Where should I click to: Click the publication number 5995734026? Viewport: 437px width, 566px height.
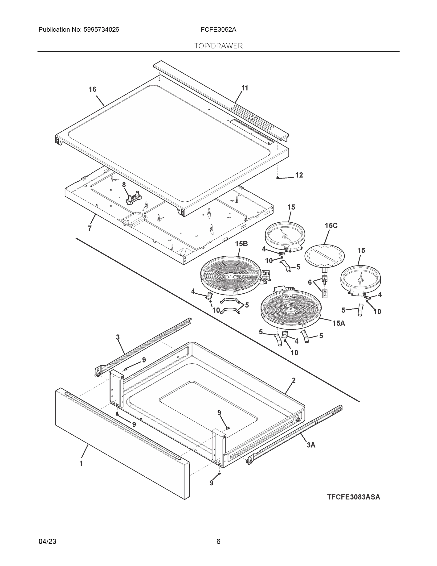point(101,30)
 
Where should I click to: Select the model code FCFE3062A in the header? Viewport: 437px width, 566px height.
point(218,30)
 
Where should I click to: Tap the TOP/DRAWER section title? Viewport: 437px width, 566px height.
point(218,46)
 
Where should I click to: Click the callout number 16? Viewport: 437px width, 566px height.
point(92,89)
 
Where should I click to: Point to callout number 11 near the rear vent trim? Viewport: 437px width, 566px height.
point(245,88)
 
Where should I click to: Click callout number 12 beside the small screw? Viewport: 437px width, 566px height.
point(299,175)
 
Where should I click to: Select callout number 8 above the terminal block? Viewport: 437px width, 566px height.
point(124,185)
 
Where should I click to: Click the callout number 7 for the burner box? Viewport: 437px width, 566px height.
point(90,228)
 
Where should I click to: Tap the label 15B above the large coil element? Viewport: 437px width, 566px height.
point(241,244)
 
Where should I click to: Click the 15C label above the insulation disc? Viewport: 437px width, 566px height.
point(331,225)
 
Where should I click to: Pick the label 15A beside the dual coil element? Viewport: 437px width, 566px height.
point(339,323)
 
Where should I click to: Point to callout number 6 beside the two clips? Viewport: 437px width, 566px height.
point(310,282)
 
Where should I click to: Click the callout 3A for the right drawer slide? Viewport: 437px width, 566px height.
point(311,445)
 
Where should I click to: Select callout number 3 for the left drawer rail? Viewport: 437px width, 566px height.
point(118,337)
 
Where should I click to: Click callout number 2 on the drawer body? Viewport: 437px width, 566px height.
point(294,380)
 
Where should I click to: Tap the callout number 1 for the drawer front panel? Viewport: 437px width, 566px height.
point(81,463)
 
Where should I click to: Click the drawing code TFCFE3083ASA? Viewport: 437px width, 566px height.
point(353,497)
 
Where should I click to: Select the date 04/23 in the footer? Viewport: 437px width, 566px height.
point(47,541)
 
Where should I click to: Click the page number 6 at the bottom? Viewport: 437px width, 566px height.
point(218,541)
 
